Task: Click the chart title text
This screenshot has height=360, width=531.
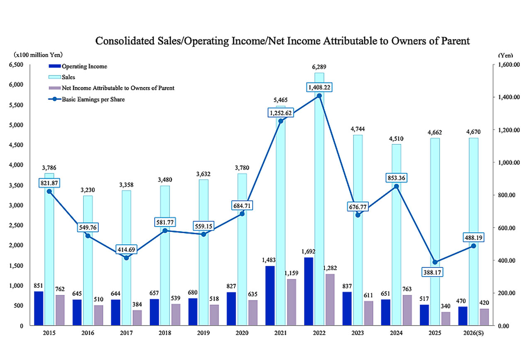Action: [282, 41]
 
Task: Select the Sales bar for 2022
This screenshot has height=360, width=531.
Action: [319, 199]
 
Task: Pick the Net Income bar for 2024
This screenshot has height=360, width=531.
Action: [407, 310]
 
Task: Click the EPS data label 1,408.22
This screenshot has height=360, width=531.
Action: [319, 87]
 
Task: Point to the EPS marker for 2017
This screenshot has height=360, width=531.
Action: [127, 258]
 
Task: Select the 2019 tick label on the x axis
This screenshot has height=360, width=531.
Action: [203, 333]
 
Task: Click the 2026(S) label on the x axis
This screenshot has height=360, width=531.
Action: [473, 333]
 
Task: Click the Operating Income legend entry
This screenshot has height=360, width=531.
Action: [84, 66]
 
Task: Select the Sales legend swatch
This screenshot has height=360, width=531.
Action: [55, 77]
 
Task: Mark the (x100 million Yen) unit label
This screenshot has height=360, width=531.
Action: [38, 54]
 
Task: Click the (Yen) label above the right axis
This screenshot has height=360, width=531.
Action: [504, 55]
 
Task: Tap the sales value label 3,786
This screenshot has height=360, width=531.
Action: [49, 168]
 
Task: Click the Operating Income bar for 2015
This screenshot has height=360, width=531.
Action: [39, 308]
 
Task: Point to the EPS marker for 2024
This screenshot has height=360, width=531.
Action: [396, 186]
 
